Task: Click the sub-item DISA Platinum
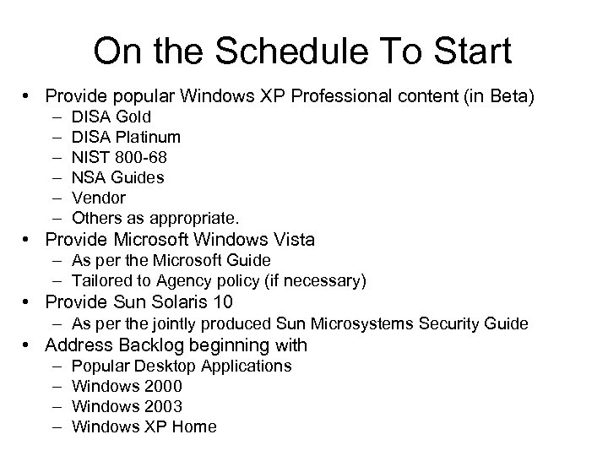(126, 137)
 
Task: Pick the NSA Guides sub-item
(118, 177)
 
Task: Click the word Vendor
(99, 198)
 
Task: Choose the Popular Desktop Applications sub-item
(182, 366)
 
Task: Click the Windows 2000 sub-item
(128, 386)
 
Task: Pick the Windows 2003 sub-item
(128, 406)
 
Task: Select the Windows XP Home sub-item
(144, 426)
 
